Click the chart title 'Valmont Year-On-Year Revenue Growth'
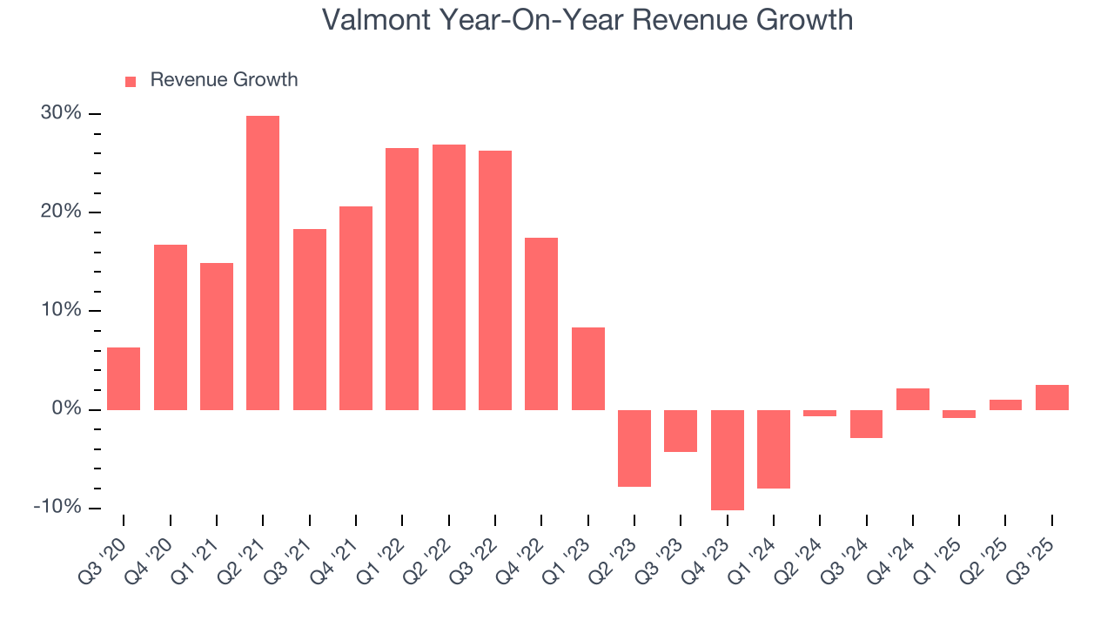click(x=587, y=19)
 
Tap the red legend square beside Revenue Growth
click(x=131, y=81)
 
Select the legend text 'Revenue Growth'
click(x=224, y=80)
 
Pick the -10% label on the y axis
click(x=58, y=508)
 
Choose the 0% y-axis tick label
click(x=66, y=409)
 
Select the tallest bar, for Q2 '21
click(x=263, y=262)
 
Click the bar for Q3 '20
click(x=124, y=379)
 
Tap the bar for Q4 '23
click(x=727, y=460)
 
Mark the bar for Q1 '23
click(x=588, y=368)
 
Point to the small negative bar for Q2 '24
click(x=820, y=413)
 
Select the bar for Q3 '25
click(x=1051, y=397)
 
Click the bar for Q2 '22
click(x=449, y=277)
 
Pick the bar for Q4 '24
click(x=912, y=399)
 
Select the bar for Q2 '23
click(x=634, y=448)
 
